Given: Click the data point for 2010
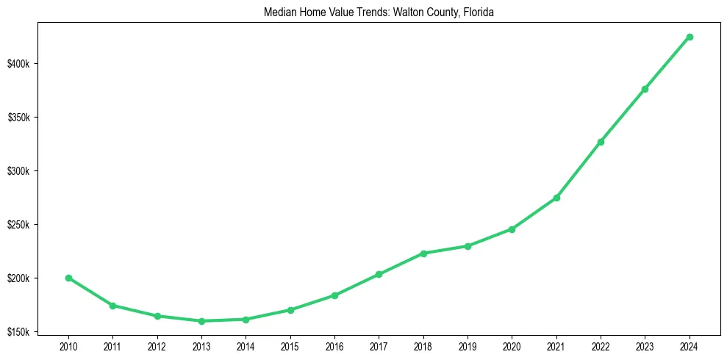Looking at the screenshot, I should pyautogui.click(x=68, y=278).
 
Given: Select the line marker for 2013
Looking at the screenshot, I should pyautogui.click(x=201, y=321).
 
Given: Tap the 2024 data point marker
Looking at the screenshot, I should pyautogui.click(x=690, y=37).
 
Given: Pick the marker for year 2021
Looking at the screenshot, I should pyautogui.click(x=556, y=198).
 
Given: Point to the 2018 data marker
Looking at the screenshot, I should pyautogui.click(x=423, y=253).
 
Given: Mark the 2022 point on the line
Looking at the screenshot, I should pyautogui.click(x=601, y=142).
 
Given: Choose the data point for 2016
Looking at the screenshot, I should pyautogui.click(x=334, y=295).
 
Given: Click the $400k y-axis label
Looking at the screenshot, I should pyautogui.click(x=18, y=65).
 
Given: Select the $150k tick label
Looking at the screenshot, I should pyautogui.click(x=18, y=332).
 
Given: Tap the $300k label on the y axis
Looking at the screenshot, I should pyautogui.click(x=18, y=172).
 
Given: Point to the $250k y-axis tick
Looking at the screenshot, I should pyautogui.click(x=18, y=225).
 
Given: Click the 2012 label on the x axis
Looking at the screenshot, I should pyautogui.click(x=157, y=345).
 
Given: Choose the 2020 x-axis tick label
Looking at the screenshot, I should pyautogui.click(x=512, y=345).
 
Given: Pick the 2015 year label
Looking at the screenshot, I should pyautogui.click(x=290, y=345).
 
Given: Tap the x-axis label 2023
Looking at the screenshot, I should pyautogui.click(x=645, y=345).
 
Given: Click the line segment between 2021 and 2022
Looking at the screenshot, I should pyautogui.click(x=579, y=170).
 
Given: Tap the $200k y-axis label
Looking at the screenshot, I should pyautogui.click(x=18, y=278).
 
